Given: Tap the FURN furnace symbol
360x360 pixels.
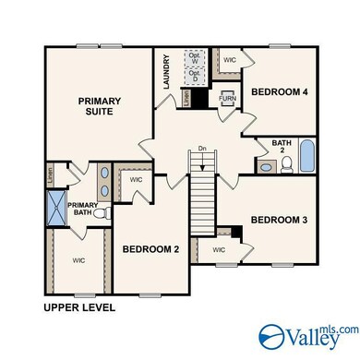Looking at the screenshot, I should (x=226, y=96).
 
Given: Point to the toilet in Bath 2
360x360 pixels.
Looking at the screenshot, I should (x=286, y=167).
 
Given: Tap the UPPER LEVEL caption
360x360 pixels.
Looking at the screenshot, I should (x=78, y=307).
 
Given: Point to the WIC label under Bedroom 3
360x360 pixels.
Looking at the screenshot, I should (x=219, y=249).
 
